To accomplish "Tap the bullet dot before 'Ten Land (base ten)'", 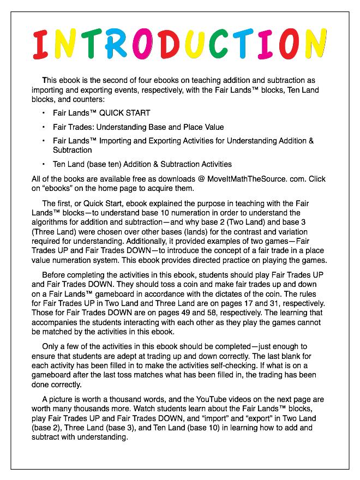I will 44,164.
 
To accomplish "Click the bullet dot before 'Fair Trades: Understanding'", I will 44,128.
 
